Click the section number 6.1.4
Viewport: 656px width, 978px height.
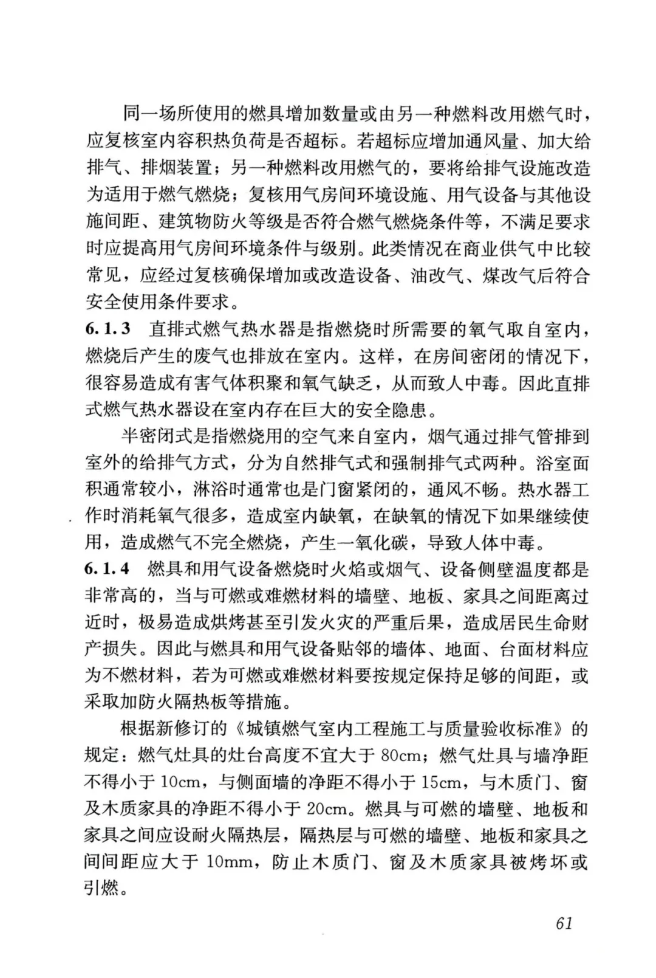[107, 570]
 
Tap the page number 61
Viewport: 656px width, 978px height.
[564, 923]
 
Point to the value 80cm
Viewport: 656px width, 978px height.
[401, 756]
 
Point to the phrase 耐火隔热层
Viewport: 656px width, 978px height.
[236, 836]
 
